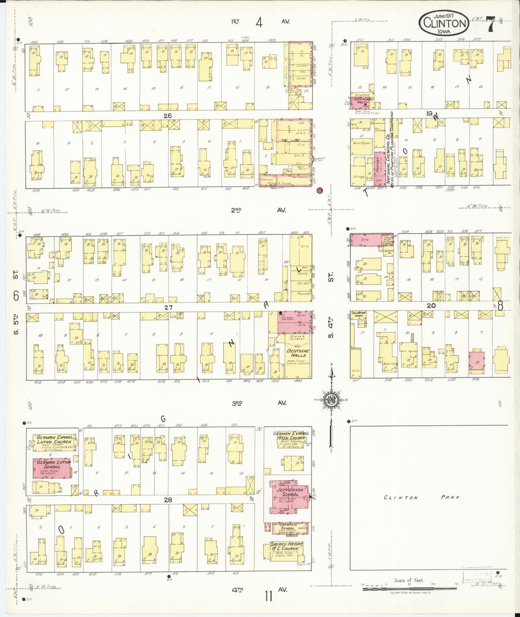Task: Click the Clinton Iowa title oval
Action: [444, 23]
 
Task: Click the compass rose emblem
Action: [331, 400]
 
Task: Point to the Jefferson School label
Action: [290, 492]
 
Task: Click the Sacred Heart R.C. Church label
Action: [287, 546]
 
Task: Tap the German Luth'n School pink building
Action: [53, 468]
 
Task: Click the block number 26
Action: [167, 116]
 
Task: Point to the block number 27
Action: [168, 307]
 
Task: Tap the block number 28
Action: [168, 500]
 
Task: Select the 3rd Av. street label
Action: [259, 403]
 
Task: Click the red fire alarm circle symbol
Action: [319, 190]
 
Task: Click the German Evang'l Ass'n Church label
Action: [291, 436]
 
